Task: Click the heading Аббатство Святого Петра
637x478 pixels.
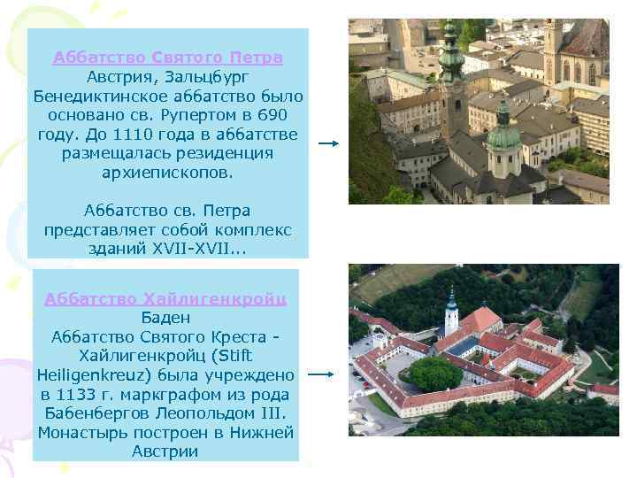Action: pos(167,58)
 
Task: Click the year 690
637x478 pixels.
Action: pos(272,114)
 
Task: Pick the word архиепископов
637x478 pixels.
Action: pos(167,172)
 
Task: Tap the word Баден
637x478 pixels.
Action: pos(166,317)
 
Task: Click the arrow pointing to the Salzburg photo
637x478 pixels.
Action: pos(328,143)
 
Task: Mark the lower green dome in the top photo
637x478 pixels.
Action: pos(503,135)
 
